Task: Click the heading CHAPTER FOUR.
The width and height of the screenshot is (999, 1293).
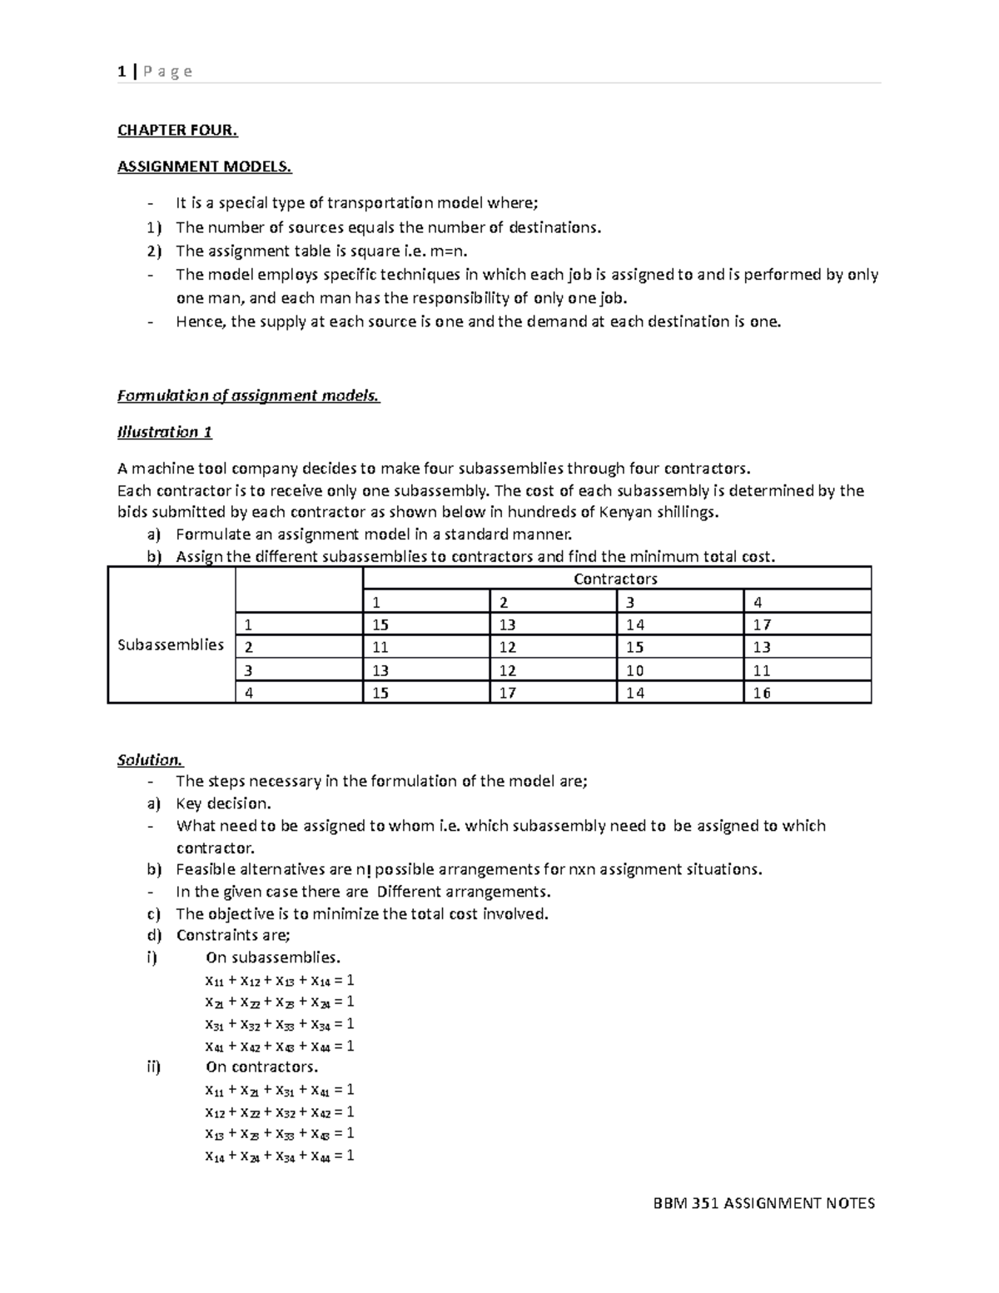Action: tap(177, 130)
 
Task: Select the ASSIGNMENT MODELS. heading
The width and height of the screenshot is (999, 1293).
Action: tap(205, 167)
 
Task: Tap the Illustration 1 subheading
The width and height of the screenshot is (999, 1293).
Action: tap(165, 432)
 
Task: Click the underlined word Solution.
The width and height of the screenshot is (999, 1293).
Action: tap(150, 759)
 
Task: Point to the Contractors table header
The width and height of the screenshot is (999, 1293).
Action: tap(615, 579)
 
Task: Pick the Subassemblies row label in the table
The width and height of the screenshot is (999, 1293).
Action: tap(171, 644)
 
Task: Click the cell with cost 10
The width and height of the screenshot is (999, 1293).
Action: tap(635, 670)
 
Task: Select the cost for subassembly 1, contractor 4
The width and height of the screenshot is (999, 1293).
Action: tap(762, 624)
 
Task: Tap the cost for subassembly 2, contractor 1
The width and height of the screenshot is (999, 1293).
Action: tap(380, 647)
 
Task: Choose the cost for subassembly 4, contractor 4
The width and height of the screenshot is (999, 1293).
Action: tap(762, 693)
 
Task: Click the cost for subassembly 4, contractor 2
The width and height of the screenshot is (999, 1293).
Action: tap(508, 693)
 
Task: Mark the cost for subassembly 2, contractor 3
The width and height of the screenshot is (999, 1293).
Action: tap(635, 647)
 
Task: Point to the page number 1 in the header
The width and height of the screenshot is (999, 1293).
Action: tap(122, 72)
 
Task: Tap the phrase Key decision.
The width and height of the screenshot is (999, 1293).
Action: tap(223, 803)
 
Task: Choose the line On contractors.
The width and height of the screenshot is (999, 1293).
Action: tap(262, 1067)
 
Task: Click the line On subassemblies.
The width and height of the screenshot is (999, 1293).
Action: tap(273, 957)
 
